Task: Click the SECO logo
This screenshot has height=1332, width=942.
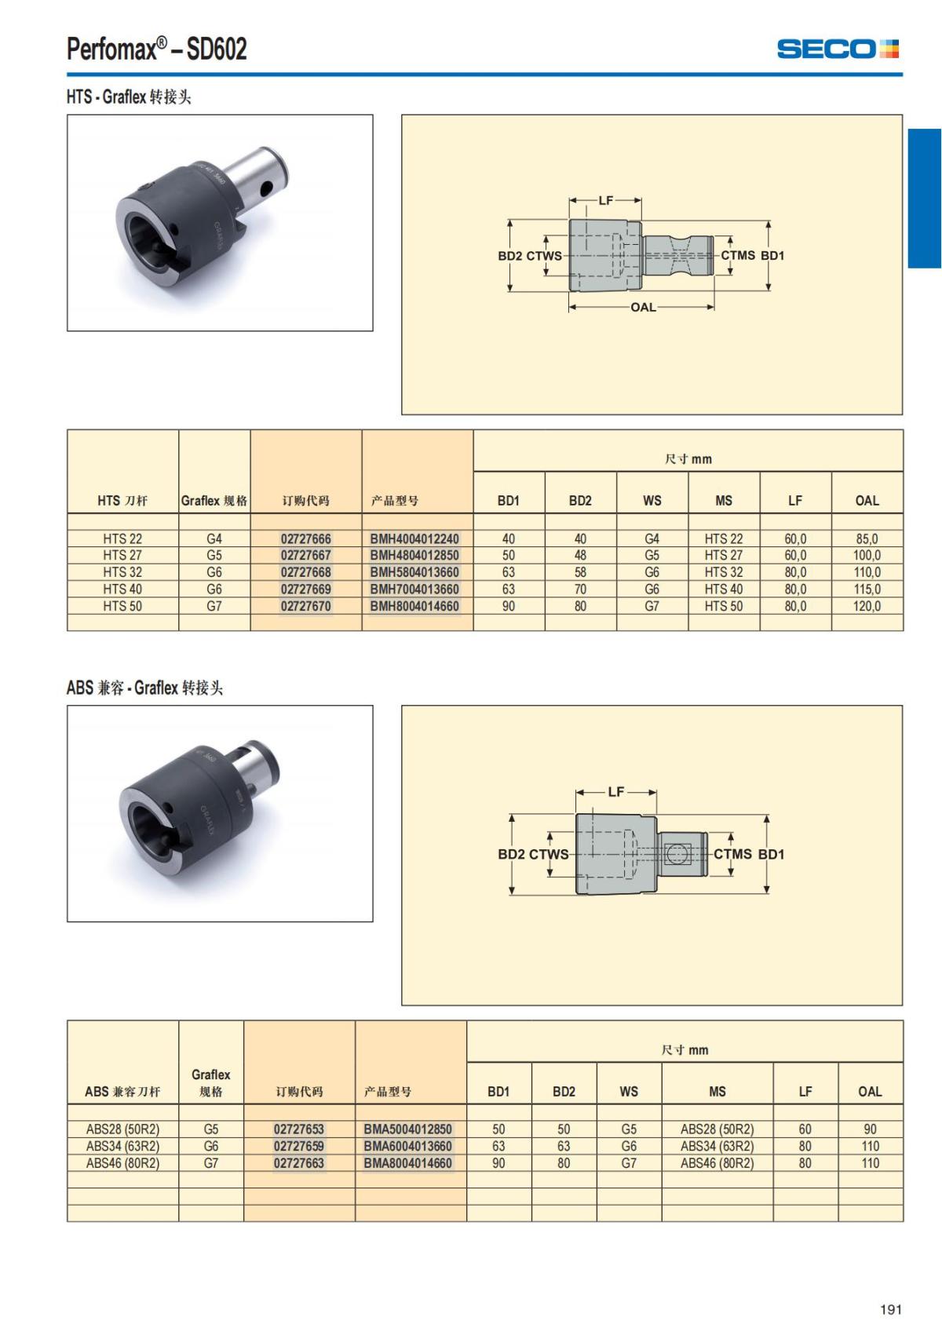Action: tap(838, 49)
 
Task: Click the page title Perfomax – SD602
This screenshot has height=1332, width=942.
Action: tap(156, 49)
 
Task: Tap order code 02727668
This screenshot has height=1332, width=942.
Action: tap(305, 572)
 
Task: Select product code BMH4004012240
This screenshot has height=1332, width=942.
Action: tap(414, 538)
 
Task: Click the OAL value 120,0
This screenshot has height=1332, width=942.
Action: tap(867, 606)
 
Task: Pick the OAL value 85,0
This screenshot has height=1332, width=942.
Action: tap(867, 538)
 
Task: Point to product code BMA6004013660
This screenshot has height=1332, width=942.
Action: tap(408, 1146)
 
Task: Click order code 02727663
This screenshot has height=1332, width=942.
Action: tap(298, 1162)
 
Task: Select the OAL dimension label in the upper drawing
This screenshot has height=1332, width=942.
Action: tap(643, 308)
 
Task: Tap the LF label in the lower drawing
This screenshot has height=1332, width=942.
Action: tap(616, 791)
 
